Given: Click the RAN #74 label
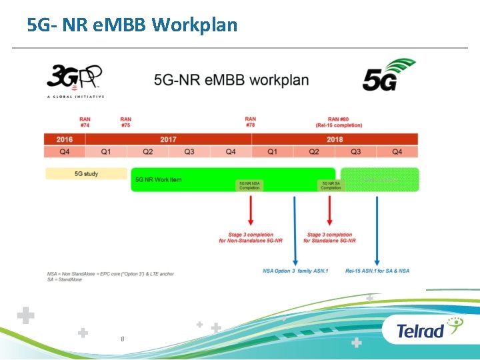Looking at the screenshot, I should [85, 122].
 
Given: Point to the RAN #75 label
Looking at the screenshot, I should [125, 122].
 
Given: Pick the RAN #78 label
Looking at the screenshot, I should [251, 122].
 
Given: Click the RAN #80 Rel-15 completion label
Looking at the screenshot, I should [339, 122].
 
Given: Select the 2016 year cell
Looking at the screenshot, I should [64, 139].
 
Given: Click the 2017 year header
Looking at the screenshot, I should [168, 139].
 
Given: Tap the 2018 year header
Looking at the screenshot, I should [335, 139].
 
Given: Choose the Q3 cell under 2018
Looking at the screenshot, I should [356, 152].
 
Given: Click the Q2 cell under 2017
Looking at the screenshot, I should [147, 152].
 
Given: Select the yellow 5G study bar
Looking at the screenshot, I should [86, 174].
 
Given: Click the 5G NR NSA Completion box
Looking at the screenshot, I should [250, 185].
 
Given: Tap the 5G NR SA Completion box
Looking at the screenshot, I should [331, 185].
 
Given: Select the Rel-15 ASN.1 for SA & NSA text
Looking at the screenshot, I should [377, 271].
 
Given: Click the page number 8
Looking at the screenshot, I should [123, 339].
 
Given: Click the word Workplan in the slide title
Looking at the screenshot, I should [195, 25].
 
